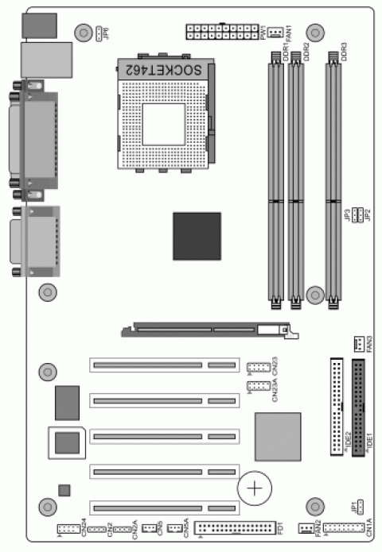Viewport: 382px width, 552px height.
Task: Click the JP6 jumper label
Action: (x=106, y=33)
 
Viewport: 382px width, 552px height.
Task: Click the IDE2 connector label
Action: (x=349, y=439)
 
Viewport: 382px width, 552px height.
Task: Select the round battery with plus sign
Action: (x=255, y=485)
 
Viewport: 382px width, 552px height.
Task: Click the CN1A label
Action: (x=368, y=527)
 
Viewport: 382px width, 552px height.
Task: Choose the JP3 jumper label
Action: (x=347, y=214)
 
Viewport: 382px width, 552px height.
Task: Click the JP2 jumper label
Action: (x=368, y=214)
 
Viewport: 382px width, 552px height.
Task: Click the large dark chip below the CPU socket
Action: (x=197, y=236)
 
